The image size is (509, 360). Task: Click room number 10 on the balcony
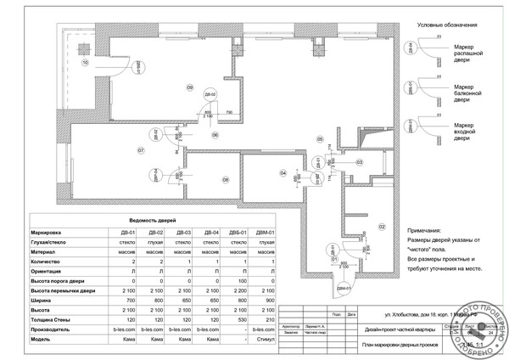pos(85,63)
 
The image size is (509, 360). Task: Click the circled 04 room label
pos(282,172)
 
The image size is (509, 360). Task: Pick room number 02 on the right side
pos(382,227)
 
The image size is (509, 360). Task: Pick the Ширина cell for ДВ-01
pos(127,299)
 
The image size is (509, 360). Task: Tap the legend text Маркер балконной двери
pos(463,93)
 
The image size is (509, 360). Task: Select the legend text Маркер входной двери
pos(463,131)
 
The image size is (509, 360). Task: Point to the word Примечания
pos(424,231)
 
